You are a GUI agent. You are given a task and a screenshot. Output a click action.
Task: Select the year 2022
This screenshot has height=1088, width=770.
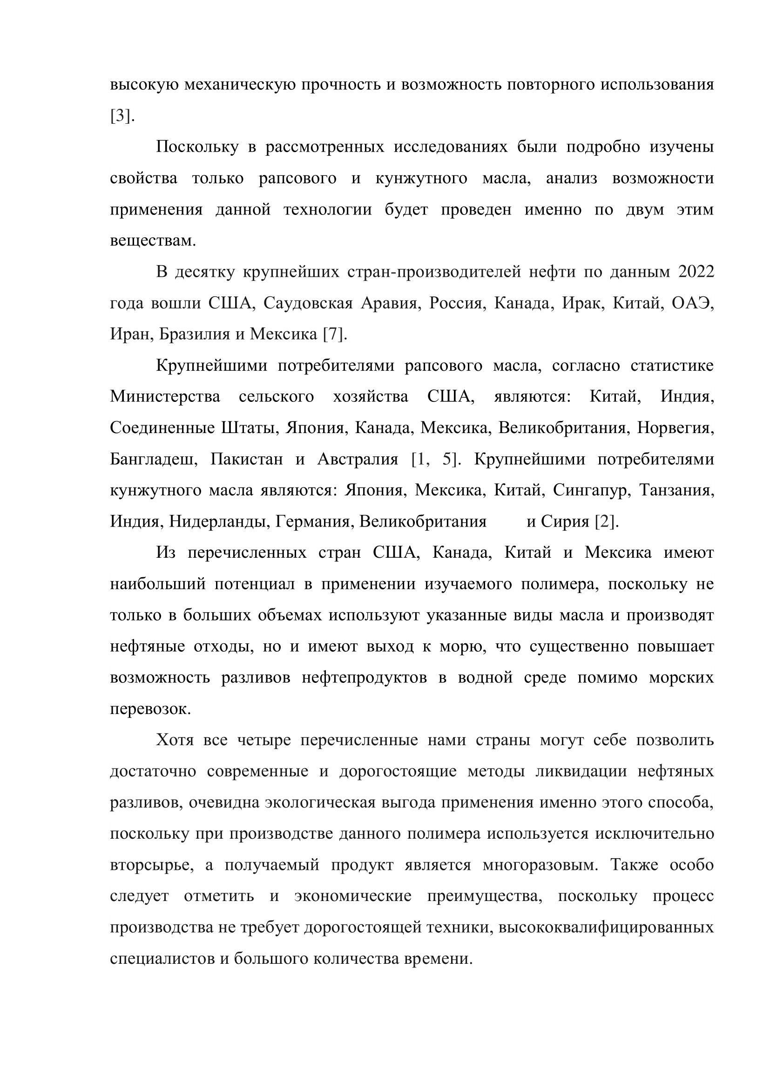point(696,272)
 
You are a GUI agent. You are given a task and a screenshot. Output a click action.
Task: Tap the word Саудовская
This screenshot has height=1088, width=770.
point(308,303)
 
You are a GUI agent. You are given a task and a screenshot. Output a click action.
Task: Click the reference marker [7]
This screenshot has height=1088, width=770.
point(334,334)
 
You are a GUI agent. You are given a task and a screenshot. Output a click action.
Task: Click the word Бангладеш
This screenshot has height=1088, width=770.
point(154,459)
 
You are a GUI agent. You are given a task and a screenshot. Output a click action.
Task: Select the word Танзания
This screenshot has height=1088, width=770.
point(676,490)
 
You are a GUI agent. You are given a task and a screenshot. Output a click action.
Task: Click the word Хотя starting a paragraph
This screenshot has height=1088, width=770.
point(175,740)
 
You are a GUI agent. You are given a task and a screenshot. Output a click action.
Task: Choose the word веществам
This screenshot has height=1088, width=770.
point(153,241)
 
